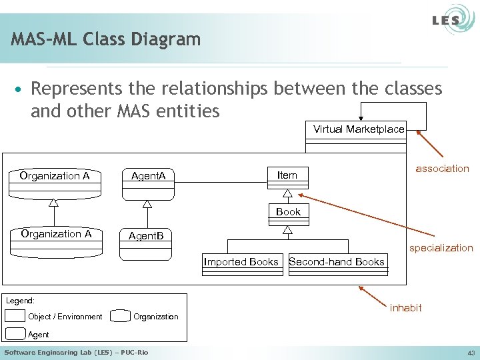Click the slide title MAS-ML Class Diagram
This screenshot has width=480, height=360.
click(x=105, y=39)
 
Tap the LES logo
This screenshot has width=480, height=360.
click(x=446, y=21)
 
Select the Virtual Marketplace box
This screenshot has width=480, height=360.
click(x=359, y=129)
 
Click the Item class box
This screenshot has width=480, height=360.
click(x=287, y=175)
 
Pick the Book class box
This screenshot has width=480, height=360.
click(x=288, y=212)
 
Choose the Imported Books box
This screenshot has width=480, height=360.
click(x=241, y=262)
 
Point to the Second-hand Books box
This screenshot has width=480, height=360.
click(x=337, y=262)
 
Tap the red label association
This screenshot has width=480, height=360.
click(x=442, y=169)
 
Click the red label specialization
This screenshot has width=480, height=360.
click(x=441, y=248)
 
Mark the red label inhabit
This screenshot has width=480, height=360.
click(x=405, y=308)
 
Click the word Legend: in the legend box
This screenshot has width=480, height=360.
click(x=20, y=301)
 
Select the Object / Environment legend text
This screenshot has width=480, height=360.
click(x=65, y=317)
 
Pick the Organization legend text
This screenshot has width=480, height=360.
click(x=155, y=317)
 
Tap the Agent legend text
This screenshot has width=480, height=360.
click(x=38, y=334)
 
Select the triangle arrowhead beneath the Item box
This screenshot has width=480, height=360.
click(x=287, y=193)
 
